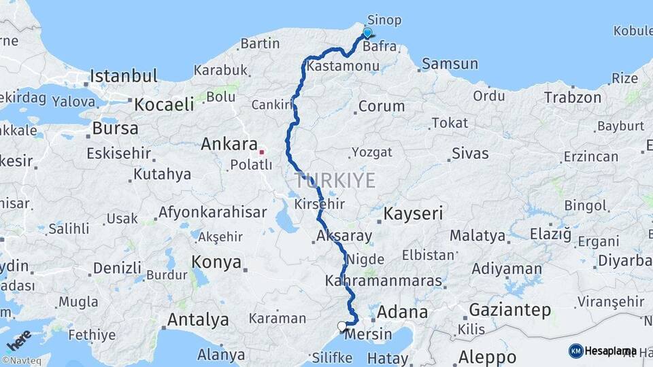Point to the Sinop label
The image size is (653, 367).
[384, 20]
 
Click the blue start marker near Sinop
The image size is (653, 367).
[367, 33]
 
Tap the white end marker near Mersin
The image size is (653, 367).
[342, 326]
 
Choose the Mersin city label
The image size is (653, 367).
[369, 334]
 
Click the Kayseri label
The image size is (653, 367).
[413, 213]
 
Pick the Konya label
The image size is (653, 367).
[216, 262]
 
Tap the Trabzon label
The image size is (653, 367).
[573, 98]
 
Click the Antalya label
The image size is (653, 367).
[198, 319]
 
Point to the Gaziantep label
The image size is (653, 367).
[510, 311]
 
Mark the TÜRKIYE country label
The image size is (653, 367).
[335, 180]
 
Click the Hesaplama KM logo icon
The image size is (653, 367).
[576, 351]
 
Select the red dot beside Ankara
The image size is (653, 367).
[261, 151]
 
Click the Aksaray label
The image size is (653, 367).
[344, 237]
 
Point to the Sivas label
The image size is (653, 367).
[470, 153]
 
